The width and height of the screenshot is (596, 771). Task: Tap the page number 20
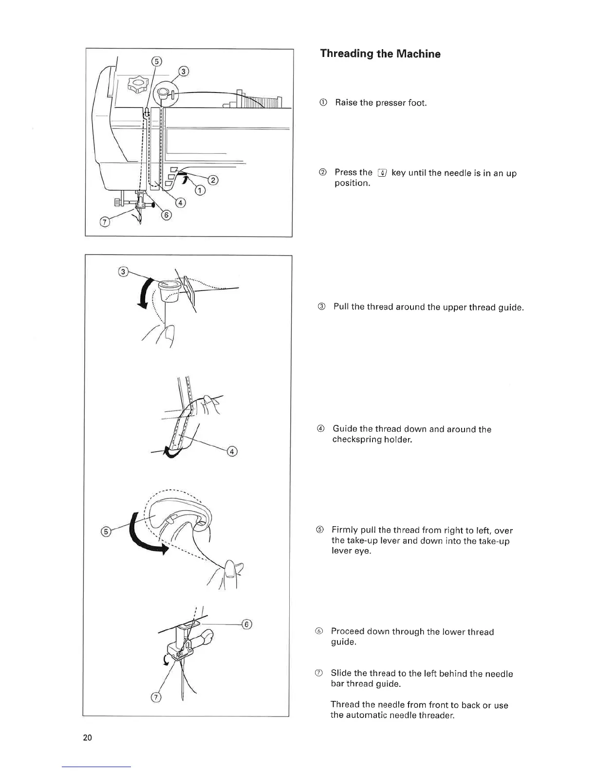88,737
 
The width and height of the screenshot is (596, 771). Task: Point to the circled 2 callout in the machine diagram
213,180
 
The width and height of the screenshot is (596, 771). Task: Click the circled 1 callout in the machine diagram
199,191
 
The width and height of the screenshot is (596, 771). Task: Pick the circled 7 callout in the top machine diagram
104,222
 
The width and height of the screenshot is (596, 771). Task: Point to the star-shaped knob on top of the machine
138,86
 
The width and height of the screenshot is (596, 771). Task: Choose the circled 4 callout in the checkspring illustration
232,452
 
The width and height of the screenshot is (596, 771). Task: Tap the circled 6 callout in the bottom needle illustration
246,624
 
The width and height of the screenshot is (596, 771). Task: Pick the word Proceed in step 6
347,632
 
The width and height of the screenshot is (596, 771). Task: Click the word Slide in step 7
341,674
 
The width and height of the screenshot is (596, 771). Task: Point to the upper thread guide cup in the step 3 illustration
168,290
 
